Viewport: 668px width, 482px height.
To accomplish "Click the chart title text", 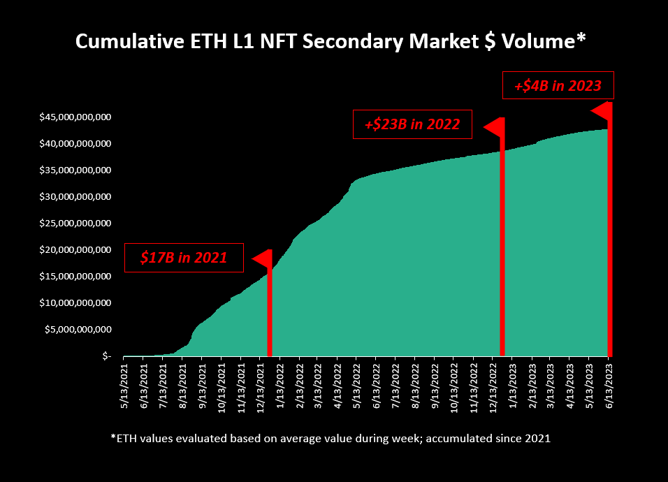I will (330, 42).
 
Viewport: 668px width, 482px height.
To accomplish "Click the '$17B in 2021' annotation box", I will (184, 257).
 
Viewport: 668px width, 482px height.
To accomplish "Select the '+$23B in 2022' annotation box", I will (412, 124).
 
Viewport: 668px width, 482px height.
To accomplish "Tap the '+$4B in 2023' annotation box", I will (558, 86).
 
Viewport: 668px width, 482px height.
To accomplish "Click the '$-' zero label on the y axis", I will (106, 356).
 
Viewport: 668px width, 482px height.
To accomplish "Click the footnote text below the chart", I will (331, 438).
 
